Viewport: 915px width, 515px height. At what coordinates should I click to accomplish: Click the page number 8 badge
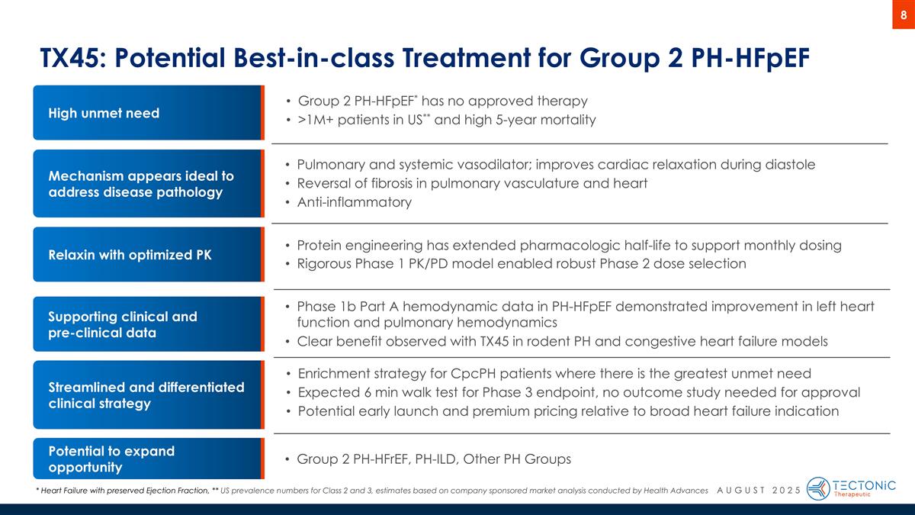(903, 14)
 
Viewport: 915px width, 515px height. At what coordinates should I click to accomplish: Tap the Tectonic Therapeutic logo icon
(818, 488)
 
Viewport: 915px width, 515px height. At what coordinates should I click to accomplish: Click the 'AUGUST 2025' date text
(759, 490)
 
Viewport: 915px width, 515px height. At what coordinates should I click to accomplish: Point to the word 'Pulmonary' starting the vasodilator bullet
(329, 165)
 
